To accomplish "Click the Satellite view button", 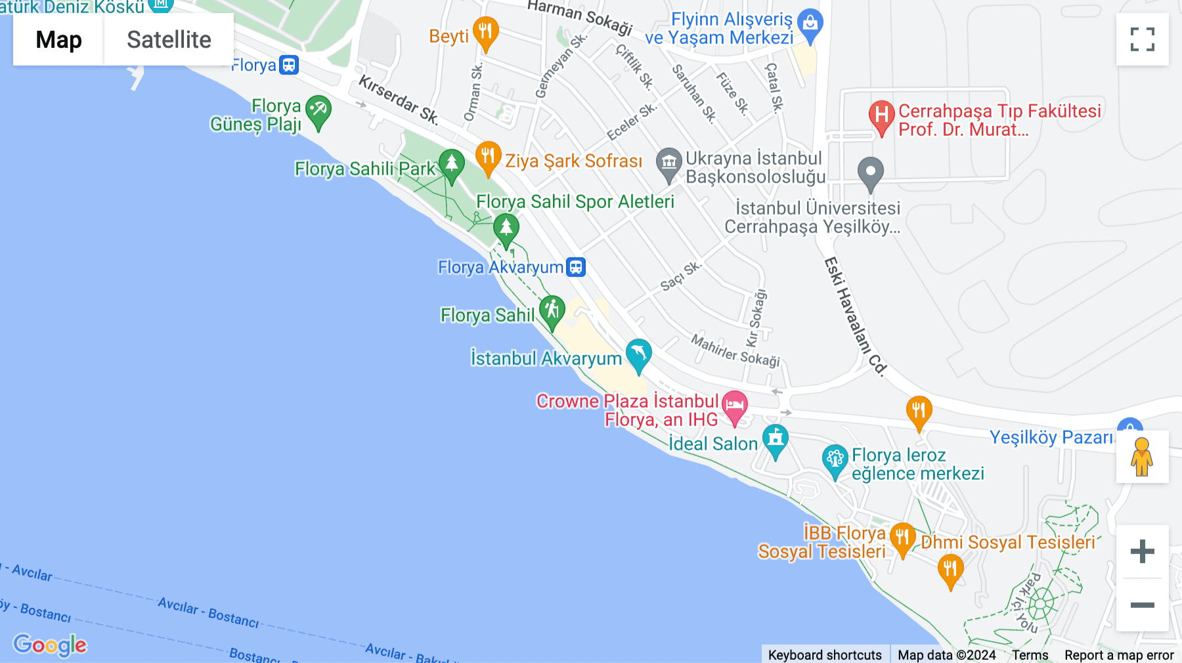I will click(169, 39).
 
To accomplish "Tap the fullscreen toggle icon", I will click(1142, 39).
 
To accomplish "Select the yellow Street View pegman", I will click(1142, 457).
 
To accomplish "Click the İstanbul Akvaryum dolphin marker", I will click(638, 354).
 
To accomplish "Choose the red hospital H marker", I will click(881, 116).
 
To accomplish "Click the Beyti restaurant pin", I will click(485, 32).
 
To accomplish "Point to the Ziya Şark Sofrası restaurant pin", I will click(488, 156).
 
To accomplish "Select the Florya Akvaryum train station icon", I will click(576, 267).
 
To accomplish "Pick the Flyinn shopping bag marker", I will click(810, 24).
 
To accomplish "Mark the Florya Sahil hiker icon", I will click(552, 310).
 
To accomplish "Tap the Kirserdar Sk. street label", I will click(399, 98).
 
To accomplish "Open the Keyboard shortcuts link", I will click(825, 654).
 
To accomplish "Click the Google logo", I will click(50, 645).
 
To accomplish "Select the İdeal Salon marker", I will click(775, 439).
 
